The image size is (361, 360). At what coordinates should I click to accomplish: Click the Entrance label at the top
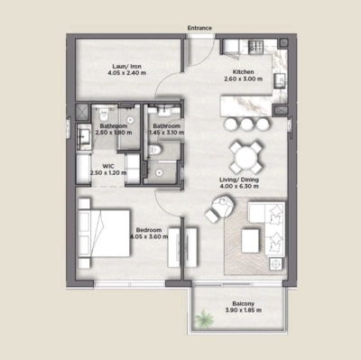199,28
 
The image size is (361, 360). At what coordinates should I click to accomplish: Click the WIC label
107,165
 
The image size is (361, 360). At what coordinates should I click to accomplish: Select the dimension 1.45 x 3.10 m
167,133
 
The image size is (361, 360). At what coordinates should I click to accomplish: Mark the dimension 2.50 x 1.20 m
107,173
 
